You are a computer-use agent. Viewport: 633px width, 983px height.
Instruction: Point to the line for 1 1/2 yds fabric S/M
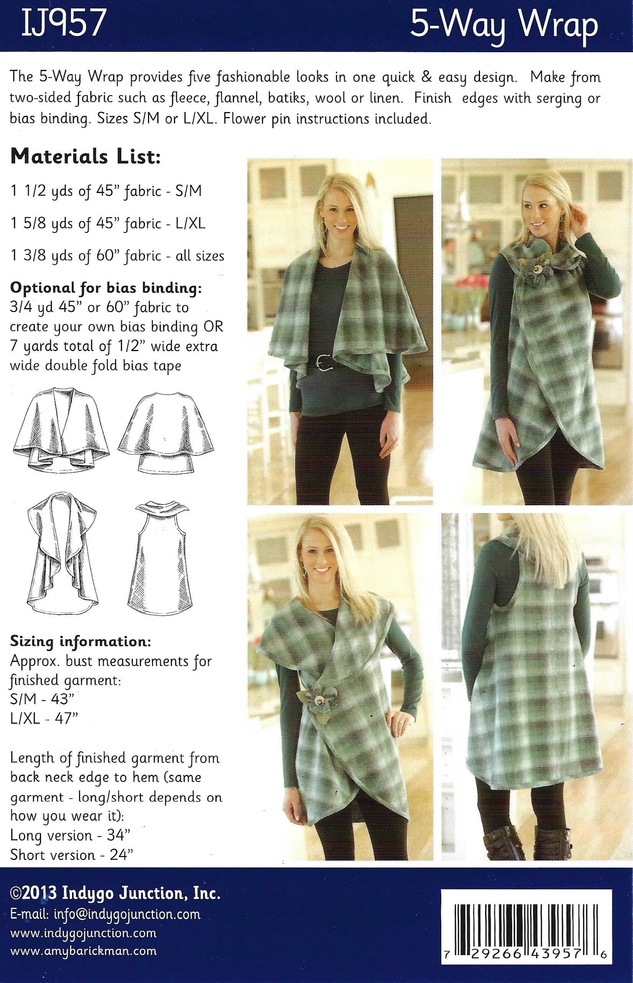[106, 192]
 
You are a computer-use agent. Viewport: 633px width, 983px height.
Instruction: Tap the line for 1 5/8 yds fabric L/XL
[108, 224]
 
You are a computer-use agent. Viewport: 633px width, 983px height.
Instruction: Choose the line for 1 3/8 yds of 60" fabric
[117, 256]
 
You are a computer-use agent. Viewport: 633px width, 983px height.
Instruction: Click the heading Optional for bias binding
[106, 288]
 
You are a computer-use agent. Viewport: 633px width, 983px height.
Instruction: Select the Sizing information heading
[80, 641]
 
